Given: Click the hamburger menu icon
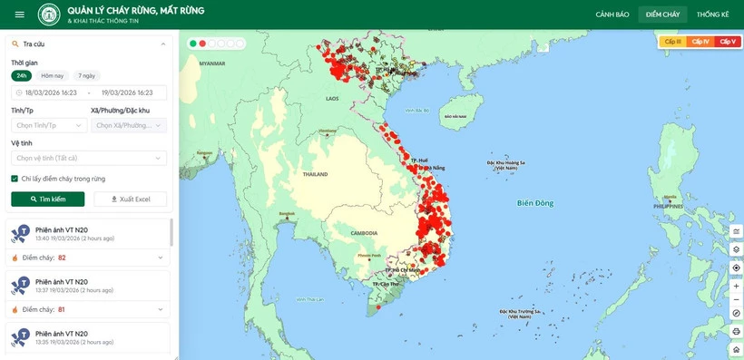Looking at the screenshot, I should click(19, 15).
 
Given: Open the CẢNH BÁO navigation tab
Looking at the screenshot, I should click(612, 15).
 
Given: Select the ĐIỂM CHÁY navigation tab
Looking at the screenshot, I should click(662, 15).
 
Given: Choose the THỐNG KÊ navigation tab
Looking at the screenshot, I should click(713, 15).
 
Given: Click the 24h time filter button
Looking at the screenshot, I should click(21, 76).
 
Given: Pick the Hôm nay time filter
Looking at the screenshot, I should click(53, 76).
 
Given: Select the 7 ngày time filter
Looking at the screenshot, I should click(87, 76).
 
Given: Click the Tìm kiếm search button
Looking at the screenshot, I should click(48, 199).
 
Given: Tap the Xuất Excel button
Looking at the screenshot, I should click(131, 199).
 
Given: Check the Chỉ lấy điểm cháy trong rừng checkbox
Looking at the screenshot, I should click(15, 179).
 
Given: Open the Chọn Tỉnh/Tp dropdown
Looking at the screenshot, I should click(49, 125).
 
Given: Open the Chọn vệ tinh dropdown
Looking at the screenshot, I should click(89, 158).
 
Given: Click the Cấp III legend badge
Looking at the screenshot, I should click(672, 42).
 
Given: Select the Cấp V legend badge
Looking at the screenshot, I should click(728, 42).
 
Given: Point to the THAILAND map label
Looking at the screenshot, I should click(315, 174).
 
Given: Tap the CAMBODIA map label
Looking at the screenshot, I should click(364, 233).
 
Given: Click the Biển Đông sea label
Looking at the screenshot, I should click(534, 202).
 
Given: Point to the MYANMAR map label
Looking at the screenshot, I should click(212, 63).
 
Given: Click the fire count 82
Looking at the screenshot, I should click(62, 258).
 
